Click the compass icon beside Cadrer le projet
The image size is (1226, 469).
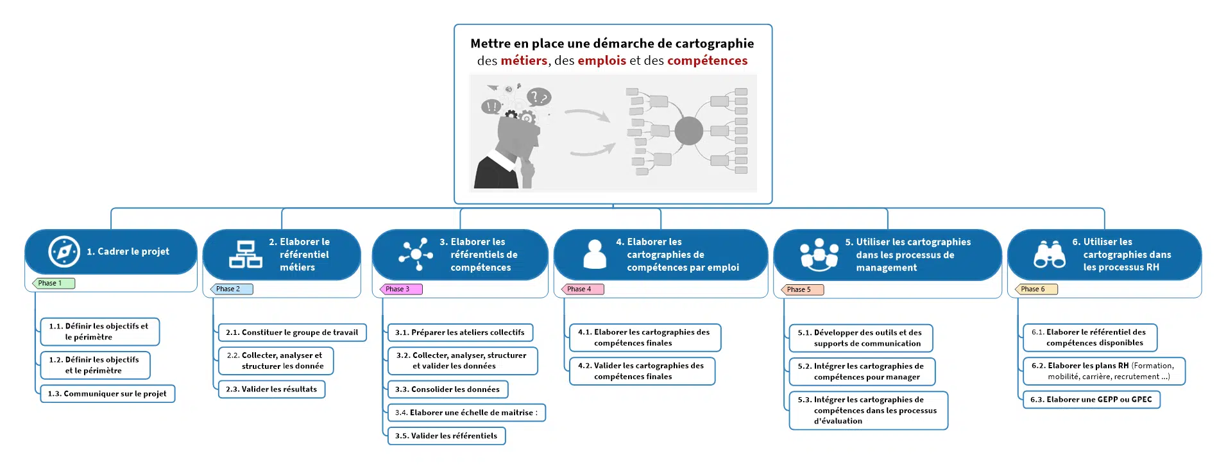point(64,252)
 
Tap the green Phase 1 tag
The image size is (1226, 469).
point(54,283)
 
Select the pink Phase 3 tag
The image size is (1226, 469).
point(402,289)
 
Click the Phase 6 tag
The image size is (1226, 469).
point(1037,289)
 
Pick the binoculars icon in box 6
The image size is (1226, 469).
point(1050,254)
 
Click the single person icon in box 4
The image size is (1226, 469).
point(595,254)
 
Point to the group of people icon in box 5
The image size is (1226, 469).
point(819,255)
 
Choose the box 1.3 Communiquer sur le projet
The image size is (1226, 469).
point(107,394)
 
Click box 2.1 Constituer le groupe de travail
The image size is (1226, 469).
point(292,332)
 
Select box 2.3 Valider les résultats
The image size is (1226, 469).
point(271,389)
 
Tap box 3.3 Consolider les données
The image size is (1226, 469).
point(447,389)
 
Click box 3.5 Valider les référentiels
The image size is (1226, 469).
point(446,436)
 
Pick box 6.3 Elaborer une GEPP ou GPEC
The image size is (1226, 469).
point(1091,400)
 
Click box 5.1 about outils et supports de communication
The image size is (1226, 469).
point(860,338)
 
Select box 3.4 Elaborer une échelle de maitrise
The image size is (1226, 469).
point(466,413)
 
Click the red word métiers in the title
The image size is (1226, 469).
point(524,61)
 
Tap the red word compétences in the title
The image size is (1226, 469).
point(707,61)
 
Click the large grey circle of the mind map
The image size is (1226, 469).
point(688,131)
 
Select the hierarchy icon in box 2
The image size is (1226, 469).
point(246,254)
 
